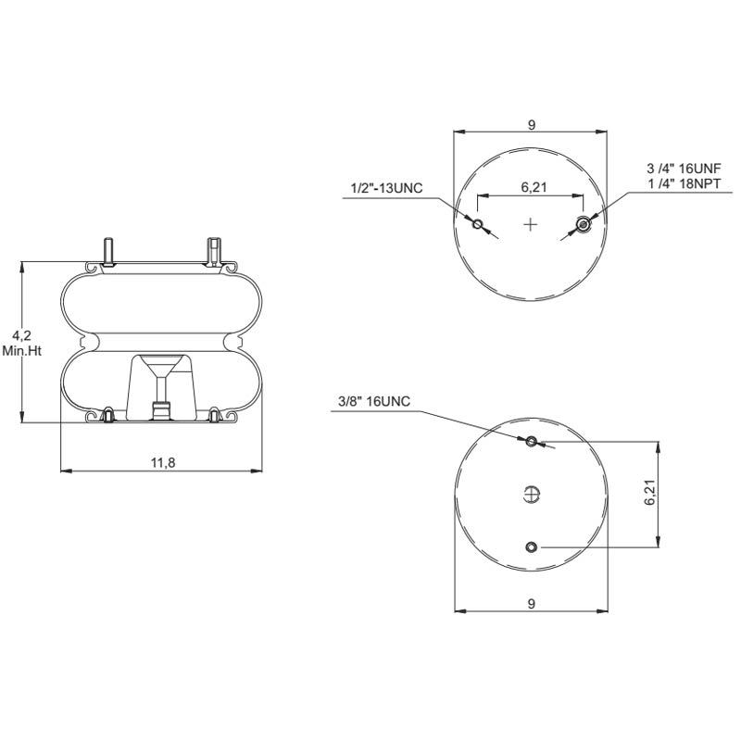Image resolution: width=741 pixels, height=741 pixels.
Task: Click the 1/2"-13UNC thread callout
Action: (x=386, y=189)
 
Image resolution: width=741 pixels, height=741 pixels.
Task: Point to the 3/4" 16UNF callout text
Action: (x=683, y=170)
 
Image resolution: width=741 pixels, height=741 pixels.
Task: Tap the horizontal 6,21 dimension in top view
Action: (x=532, y=187)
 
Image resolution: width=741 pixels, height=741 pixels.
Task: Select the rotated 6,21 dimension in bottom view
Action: (x=650, y=493)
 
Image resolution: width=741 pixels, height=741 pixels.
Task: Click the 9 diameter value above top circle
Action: (x=532, y=125)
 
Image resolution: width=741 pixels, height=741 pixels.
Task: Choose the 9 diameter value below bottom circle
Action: (x=532, y=604)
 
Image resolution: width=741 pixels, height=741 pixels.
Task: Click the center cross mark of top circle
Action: (x=531, y=224)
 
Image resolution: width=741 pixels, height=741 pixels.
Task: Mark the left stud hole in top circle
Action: (x=478, y=224)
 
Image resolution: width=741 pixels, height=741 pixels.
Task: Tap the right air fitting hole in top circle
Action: (x=584, y=223)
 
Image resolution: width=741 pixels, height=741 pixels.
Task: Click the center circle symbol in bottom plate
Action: (x=531, y=495)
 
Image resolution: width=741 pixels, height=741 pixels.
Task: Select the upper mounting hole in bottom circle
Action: (x=531, y=442)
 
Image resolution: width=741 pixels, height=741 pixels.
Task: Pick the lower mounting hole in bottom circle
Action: (x=531, y=547)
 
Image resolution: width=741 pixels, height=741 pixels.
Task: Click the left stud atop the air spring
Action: (x=109, y=251)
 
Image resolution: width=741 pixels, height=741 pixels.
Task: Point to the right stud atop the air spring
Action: (x=214, y=250)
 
